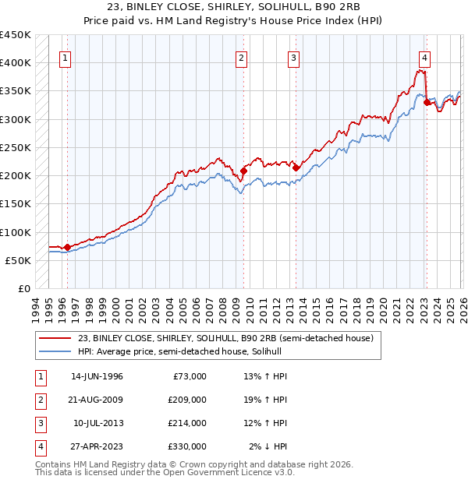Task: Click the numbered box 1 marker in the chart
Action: click(65, 57)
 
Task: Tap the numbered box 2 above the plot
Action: click(242, 57)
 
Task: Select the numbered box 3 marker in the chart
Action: click(293, 57)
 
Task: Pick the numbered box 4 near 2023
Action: click(424, 57)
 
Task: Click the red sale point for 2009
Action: click(243, 171)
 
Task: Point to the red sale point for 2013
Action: click(296, 167)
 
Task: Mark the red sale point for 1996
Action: click(68, 247)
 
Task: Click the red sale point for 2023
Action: click(427, 102)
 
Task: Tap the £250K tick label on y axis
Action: click(16, 147)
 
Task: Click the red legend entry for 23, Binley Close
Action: click(226, 338)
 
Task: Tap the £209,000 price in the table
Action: click(187, 400)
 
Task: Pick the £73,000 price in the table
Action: click(190, 376)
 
